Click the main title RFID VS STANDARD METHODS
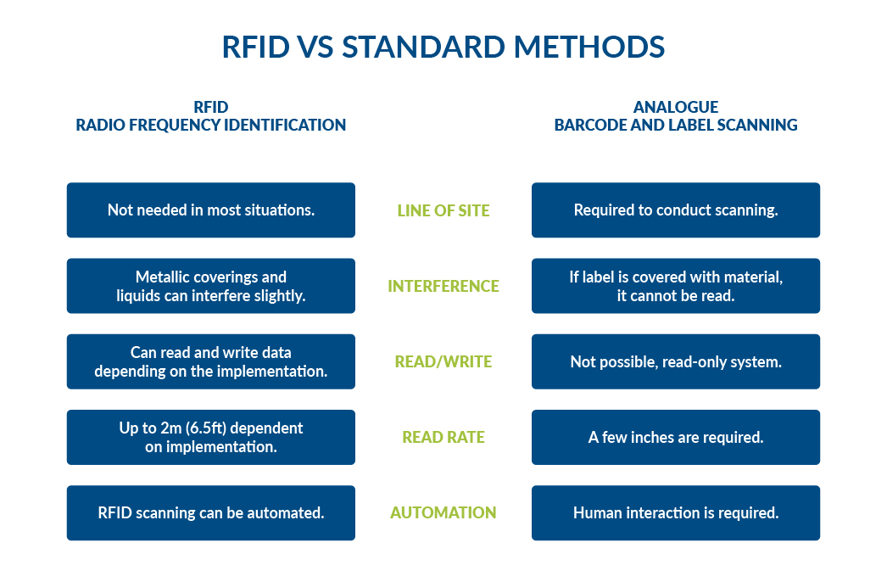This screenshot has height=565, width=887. point(443,47)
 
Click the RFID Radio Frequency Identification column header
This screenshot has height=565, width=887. point(210,116)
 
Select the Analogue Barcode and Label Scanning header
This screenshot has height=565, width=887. point(675,116)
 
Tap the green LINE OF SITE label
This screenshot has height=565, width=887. point(443,210)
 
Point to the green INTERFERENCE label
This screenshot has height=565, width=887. point(443,286)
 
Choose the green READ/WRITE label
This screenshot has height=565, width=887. point(443,361)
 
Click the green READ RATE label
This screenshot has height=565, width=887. point(443,437)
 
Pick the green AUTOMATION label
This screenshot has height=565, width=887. point(443,512)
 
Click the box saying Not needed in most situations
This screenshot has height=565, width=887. point(210,210)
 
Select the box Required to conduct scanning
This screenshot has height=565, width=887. point(675,210)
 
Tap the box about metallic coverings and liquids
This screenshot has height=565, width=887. point(210,286)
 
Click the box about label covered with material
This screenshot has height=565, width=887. point(675,286)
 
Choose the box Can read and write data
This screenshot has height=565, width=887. point(210,361)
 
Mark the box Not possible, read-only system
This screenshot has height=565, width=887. point(675,361)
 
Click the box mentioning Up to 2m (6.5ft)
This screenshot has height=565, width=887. point(210,437)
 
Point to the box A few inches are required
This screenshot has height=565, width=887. point(675,437)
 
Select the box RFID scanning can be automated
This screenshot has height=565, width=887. point(210,512)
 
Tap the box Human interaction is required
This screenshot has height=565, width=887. point(675,512)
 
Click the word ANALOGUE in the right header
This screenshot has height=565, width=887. point(675,107)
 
